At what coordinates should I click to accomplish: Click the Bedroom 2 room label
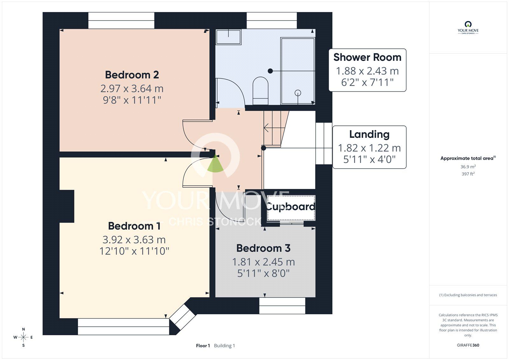(x=132, y=75)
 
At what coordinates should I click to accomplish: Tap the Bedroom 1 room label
(x=134, y=226)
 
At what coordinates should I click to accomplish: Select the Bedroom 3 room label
(x=263, y=248)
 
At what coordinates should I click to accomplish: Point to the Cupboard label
(x=291, y=207)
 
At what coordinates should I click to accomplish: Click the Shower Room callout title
(x=367, y=57)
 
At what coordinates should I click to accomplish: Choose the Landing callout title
(x=369, y=134)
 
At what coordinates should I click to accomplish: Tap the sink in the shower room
(x=229, y=37)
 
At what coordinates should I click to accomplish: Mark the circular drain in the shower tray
(x=298, y=93)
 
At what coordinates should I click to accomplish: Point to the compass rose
(x=23, y=337)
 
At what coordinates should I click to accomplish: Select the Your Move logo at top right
(x=468, y=28)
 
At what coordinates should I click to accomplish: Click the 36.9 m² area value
(x=468, y=167)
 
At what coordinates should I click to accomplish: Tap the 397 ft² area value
(x=468, y=174)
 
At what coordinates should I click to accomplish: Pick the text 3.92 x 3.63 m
(x=134, y=240)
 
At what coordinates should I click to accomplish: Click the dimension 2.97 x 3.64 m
(x=132, y=88)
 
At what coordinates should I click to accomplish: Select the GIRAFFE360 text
(x=468, y=345)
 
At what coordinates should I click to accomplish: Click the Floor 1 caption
(x=203, y=346)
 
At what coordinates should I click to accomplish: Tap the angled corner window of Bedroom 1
(x=183, y=317)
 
